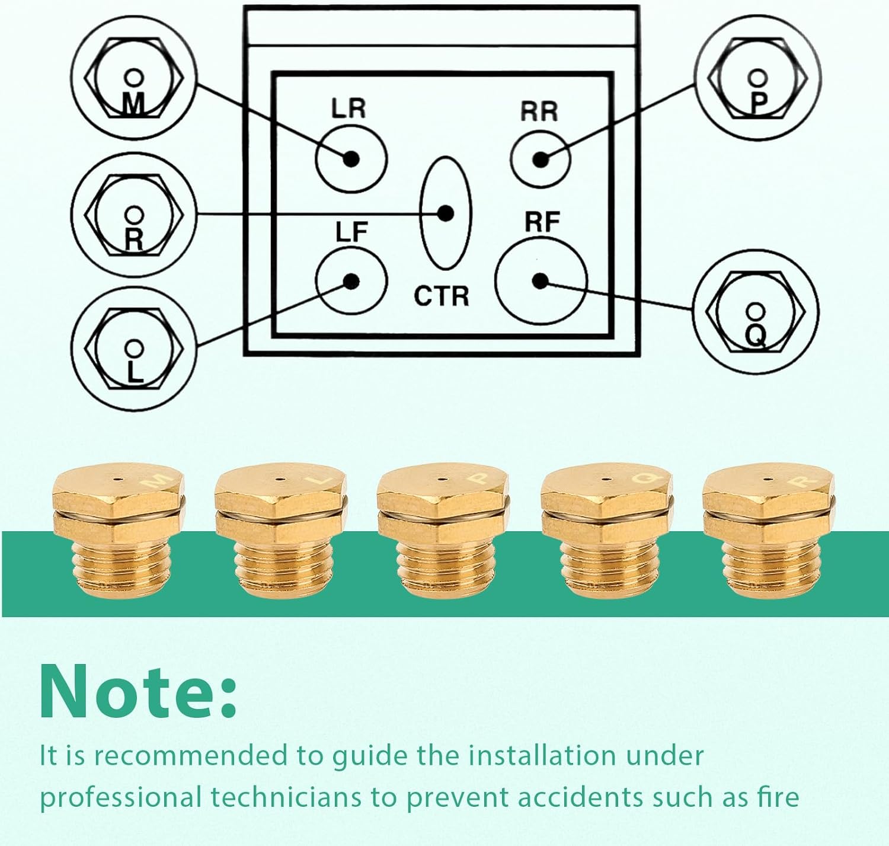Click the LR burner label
(348, 108)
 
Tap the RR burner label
(539, 111)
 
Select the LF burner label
(351, 232)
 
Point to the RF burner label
(542, 222)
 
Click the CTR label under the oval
(441, 296)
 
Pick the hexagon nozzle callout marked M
(134, 77)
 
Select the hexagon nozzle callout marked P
(758, 78)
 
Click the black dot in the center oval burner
(445, 213)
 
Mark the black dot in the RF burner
(540, 280)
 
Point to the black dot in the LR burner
(351, 159)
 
